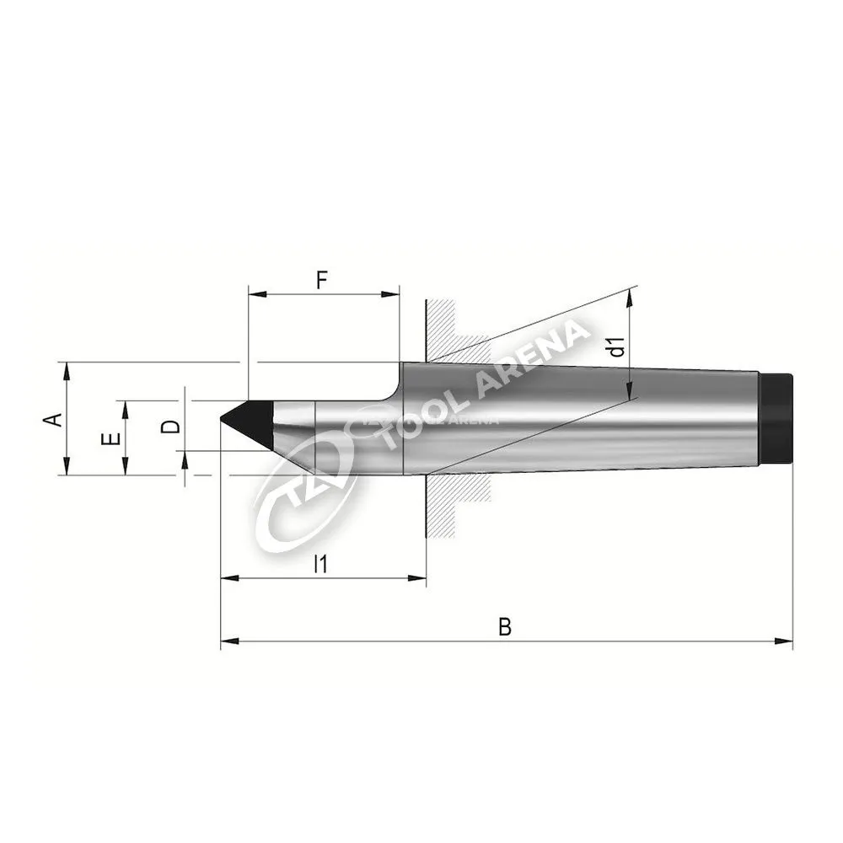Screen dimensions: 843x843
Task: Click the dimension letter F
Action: point(321,280)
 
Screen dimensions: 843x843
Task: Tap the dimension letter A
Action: point(53,419)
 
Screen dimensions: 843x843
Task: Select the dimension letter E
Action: point(110,439)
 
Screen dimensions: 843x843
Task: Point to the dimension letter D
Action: point(171,427)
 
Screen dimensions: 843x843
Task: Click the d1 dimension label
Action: point(617,346)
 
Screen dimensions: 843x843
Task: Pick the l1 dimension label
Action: point(320,564)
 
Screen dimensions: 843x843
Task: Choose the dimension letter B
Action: point(504,627)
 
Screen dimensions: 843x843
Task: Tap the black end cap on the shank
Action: point(776,417)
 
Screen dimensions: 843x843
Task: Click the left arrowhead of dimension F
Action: point(257,294)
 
